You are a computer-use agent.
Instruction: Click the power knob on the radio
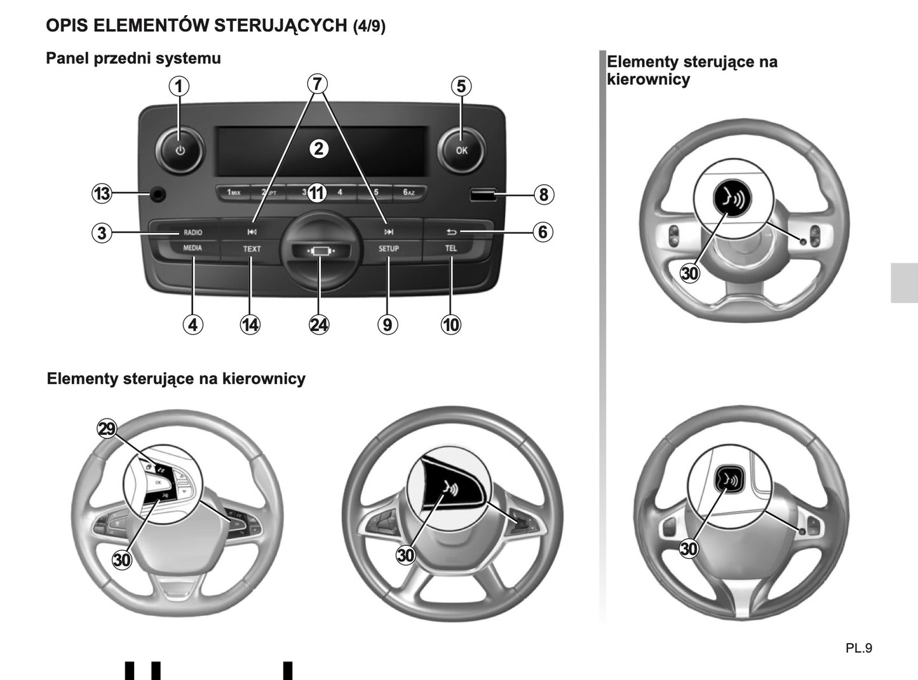click(x=179, y=151)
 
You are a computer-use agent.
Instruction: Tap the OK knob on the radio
click(x=461, y=151)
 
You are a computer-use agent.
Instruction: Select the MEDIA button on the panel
click(x=192, y=248)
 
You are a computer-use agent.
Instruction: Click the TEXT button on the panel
click(x=252, y=249)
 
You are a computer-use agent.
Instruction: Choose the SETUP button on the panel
click(x=388, y=248)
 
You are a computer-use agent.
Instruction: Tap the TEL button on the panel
click(x=450, y=248)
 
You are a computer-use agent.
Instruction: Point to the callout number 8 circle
click(x=543, y=194)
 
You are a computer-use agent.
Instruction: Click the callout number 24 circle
click(x=319, y=325)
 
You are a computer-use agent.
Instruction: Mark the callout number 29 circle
click(x=107, y=430)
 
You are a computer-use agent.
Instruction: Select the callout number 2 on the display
click(x=318, y=149)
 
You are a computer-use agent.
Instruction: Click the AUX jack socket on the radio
click(x=156, y=194)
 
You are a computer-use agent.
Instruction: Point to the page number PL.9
click(x=859, y=648)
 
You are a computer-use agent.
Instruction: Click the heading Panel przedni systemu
click(x=133, y=58)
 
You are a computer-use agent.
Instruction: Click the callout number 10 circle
click(x=450, y=325)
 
